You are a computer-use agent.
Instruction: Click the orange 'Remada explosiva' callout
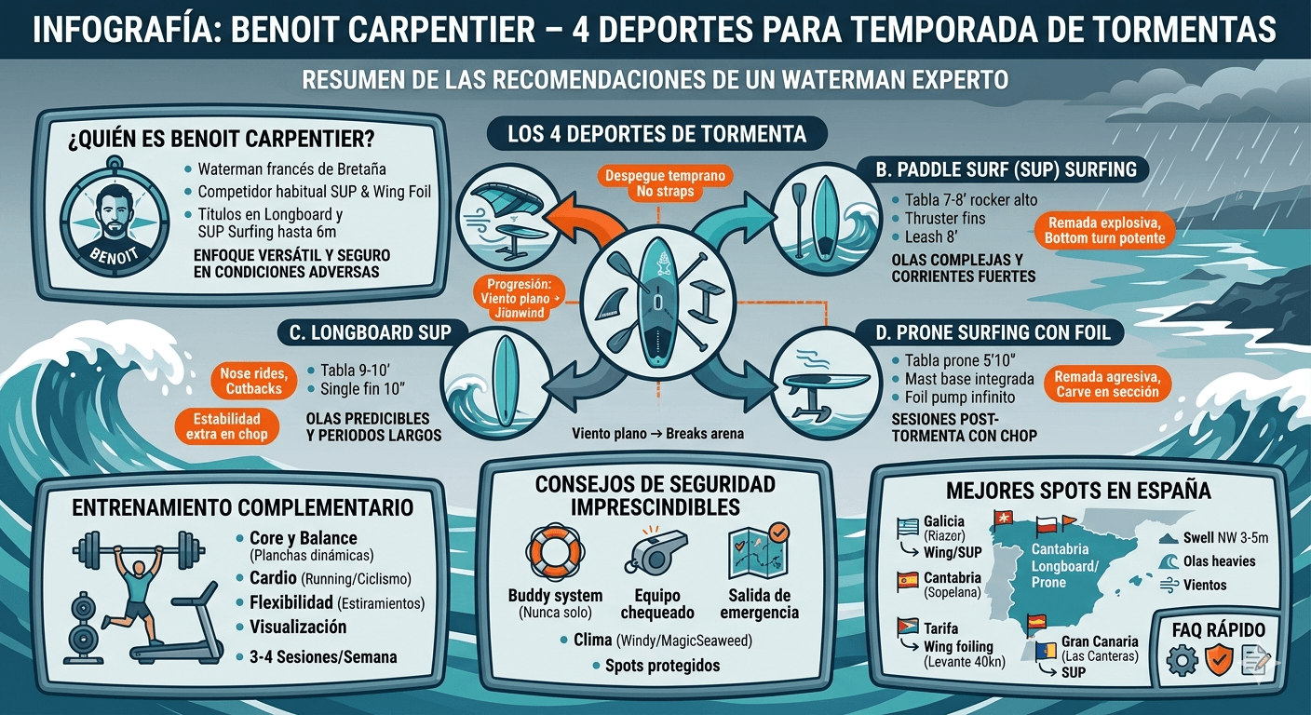coord(1104,231)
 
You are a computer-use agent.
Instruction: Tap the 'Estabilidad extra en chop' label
coord(227,426)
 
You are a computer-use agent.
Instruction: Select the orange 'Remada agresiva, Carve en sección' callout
coord(1107,384)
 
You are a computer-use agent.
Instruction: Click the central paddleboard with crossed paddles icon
coord(657,298)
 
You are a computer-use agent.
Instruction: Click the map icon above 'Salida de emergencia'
coord(759,551)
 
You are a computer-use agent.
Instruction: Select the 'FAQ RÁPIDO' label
coord(1219,629)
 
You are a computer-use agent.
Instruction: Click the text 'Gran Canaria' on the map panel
coord(1100,641)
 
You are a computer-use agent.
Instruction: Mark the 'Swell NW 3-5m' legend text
coord(1225,537)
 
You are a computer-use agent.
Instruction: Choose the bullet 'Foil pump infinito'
coord(959,398)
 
